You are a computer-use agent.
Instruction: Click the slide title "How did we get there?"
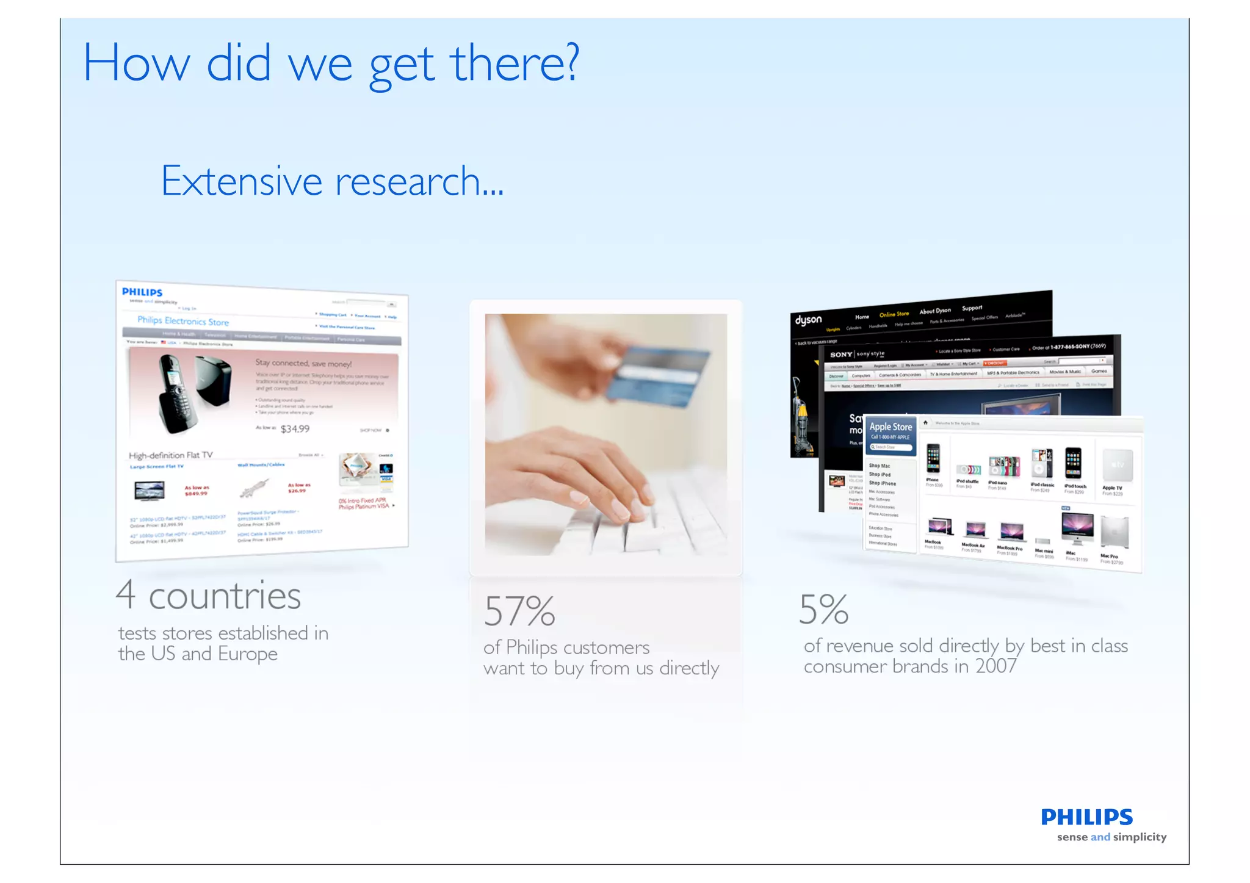pos(330,64)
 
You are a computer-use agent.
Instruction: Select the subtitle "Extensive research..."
pos(332,181)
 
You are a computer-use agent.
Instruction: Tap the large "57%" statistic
pos(519,611)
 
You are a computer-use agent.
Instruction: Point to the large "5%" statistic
pos(823,610)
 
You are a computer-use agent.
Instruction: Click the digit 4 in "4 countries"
pos(126,594)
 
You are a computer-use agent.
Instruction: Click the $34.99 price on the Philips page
pos(295,429)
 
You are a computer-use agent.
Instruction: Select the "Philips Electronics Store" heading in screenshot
pos(183,321)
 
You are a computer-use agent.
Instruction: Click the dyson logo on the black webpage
pos(808,320)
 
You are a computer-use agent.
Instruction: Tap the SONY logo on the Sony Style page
pos(841,355)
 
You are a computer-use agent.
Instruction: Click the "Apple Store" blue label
pos(891,427)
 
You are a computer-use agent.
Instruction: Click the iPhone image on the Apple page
pos(933,459)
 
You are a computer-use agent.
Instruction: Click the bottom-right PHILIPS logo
pos(1086,817)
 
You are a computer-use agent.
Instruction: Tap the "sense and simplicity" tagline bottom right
pos(1111,837)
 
